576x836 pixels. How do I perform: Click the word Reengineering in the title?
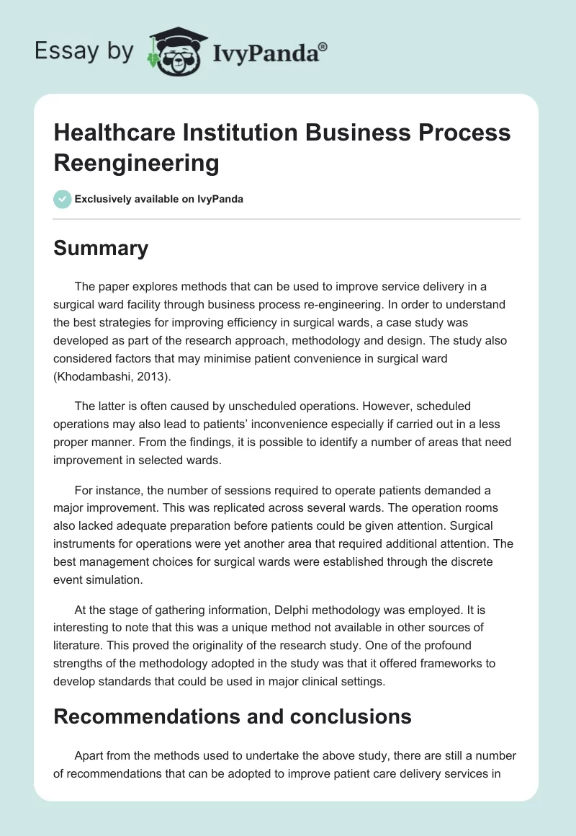tap(137, 163)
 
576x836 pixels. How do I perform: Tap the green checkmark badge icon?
tap(63, 199)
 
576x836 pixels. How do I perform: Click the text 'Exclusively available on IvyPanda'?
tap(158, 200)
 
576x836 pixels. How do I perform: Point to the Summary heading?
tap(101, 248)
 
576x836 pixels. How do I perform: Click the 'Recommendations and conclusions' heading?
tap(233, 716)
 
